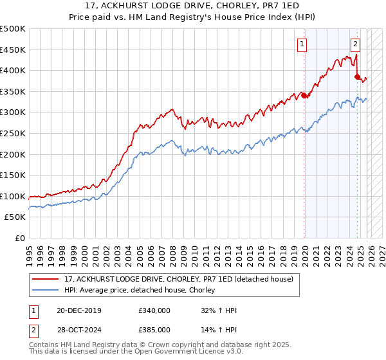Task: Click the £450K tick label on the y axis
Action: point(13,50)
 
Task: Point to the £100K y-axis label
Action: point(13,196)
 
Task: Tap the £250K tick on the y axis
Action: point(13,133)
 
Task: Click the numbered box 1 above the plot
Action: point(302,44)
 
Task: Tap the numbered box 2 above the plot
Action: point(355,44)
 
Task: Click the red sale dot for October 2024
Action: point(358,76)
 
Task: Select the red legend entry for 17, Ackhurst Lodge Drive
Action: point(179,279)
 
